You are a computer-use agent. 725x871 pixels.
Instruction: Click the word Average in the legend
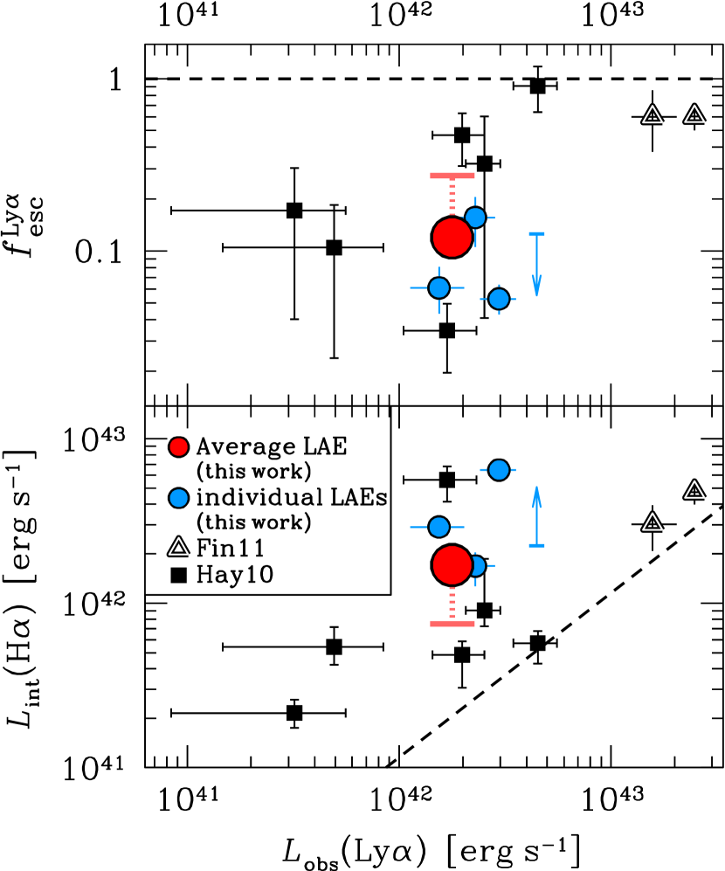[x=233, y=447]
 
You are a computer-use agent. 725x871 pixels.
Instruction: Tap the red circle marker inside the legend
[x=178, y=447]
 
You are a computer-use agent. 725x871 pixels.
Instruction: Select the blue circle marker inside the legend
[x=178, y=498]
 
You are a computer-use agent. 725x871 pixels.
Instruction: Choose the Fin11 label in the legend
[x=230, y=549]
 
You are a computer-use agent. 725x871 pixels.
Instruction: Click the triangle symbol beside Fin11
[x=178, y=548]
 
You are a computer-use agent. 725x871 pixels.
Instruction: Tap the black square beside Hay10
[x=178, y=575]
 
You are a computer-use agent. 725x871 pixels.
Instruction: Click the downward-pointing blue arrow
[x=536, y=280]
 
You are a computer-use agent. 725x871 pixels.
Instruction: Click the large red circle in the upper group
[x=452, y=237]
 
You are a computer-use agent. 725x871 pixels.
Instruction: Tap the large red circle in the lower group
[x=452, y=565]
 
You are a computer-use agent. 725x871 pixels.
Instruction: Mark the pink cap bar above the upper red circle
[x=452, y=176]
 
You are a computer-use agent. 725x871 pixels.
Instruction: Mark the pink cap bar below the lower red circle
[x=452, y=624]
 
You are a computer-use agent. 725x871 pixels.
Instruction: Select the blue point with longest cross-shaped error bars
[x=438, y=287]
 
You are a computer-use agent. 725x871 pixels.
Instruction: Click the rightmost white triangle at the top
[x=694, y=114]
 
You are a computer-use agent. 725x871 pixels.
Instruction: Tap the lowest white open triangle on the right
[x=652, y=522]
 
